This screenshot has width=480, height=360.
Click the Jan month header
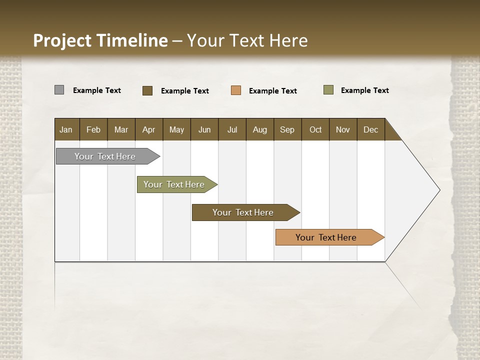coord(66,130)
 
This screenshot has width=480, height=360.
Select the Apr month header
coord(149,130)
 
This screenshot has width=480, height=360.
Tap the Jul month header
coord(232,130)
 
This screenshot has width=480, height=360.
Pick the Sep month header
coord(287,130)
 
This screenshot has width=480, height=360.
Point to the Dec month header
coord(370,130)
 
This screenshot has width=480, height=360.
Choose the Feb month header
coord(93,130)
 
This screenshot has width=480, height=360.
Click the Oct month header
coord(315,130)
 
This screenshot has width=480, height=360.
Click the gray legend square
coord(59,90)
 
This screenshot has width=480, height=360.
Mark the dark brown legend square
coord(147,90)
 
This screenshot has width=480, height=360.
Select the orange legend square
coord(236,90)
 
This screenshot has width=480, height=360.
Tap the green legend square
coord(328,90)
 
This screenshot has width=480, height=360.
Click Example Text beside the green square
coord(364,90)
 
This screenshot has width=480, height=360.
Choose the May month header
coord(176,130)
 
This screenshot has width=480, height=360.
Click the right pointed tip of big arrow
coord(438,190)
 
